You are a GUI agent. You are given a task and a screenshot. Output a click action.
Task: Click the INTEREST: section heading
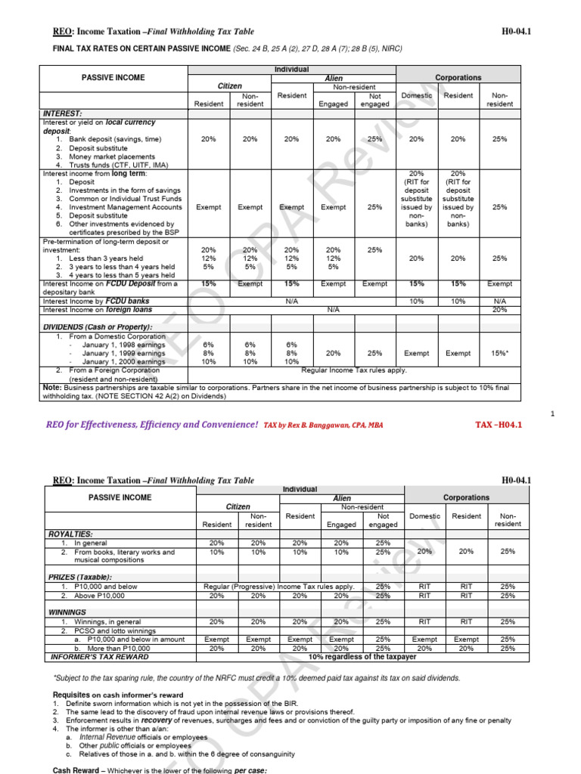coord(62,113)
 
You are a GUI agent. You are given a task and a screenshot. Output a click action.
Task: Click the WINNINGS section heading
coord(67,612)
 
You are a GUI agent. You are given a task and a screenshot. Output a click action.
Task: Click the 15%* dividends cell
coord(499,353)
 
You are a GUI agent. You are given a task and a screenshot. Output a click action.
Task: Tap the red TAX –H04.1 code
coord(499,425)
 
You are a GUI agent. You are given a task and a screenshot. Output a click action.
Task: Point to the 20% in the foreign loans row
coord(499,310)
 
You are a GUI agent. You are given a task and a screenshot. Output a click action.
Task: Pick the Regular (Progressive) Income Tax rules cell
coord(279,587)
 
